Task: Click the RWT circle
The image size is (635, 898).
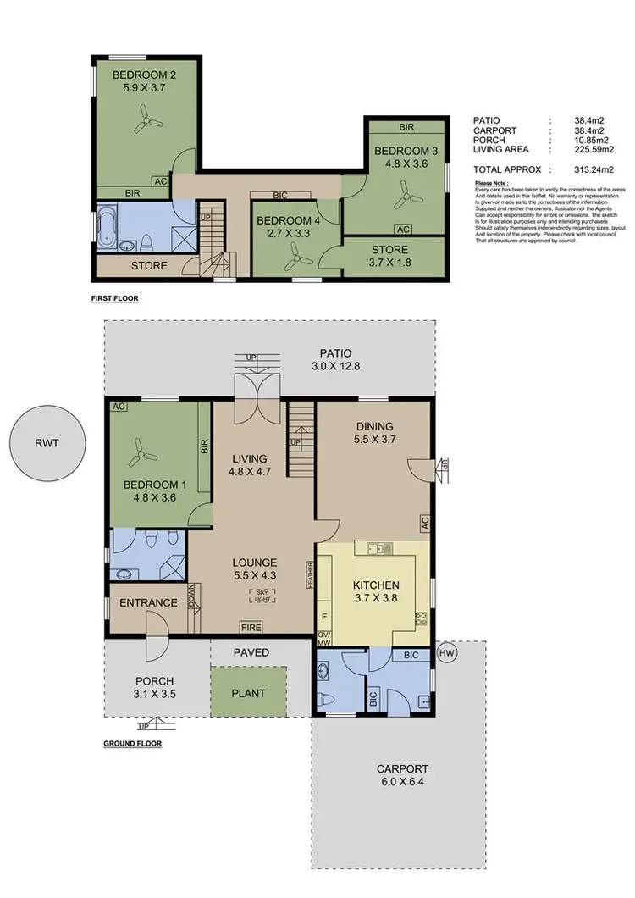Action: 48,442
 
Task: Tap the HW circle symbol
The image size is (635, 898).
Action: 447,652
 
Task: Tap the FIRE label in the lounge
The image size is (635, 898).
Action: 250,629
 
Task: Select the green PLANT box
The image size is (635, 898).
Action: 249,692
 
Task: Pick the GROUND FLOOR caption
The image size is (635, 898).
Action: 132,743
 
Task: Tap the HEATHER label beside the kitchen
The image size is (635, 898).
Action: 311,575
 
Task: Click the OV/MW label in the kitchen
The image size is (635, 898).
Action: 323,638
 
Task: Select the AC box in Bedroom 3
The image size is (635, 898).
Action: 402,229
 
